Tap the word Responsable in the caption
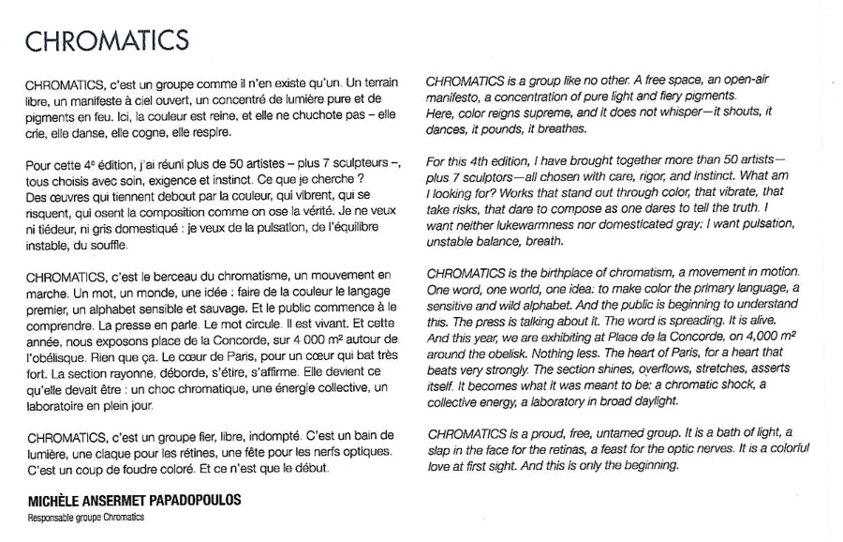click(49, 518)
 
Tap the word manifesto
click(452, 97)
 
